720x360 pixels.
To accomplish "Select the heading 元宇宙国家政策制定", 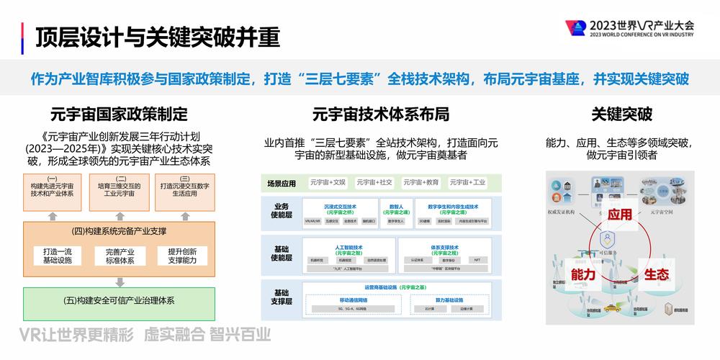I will (119, 114).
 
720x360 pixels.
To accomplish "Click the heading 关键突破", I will (621, 114).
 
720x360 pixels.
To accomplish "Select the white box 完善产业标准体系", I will (120, 256).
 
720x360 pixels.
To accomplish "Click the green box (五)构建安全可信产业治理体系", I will (120, 300).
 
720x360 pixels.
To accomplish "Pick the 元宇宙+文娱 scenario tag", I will (328, 183).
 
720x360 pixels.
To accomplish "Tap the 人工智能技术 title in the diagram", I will (347, 246).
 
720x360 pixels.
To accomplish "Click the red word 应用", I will (620, 215).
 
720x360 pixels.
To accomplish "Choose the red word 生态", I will (657, 274).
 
